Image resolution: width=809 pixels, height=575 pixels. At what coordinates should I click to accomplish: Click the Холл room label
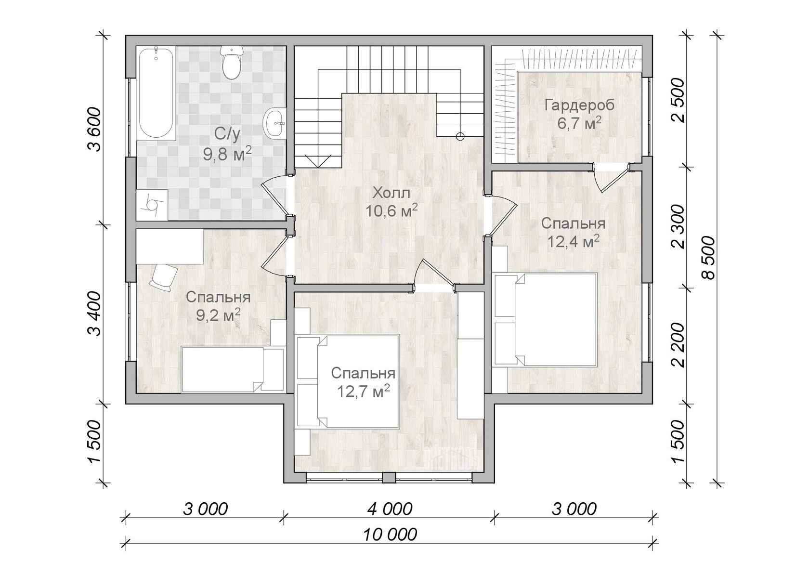tap(391, 193)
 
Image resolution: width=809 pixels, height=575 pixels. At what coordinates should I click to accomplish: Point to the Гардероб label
tap(579, 105)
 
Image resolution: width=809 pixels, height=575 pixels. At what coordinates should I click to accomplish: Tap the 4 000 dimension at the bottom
tap(390, 510)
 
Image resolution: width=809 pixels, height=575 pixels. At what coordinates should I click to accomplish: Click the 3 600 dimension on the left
tap(94, 129)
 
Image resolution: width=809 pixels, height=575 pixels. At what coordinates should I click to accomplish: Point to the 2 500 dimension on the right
tap(678, 101)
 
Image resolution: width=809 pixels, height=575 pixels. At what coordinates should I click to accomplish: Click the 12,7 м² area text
tap(363, 391)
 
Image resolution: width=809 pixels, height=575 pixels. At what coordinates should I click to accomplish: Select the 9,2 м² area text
tap(219, 314)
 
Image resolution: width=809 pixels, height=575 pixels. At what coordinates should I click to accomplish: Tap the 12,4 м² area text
tap(574, 241)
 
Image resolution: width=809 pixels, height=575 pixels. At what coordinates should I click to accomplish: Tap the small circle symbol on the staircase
tap(460, 136)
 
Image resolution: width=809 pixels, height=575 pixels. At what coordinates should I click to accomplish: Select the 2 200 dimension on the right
tap(678, 345)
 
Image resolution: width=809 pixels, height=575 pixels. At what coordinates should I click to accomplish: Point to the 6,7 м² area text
tap(579, 123)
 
